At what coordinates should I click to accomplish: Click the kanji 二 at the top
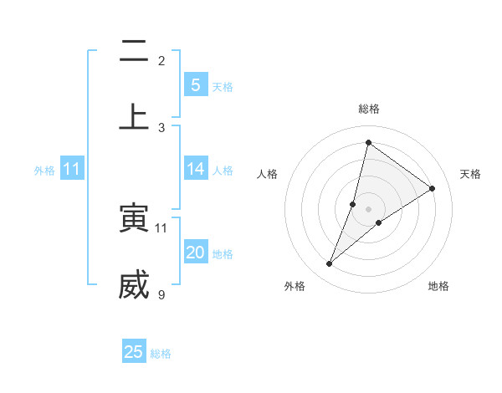pyautogui.click(x=133, y=52)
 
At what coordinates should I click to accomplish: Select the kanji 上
pyautogui.click(x=133, y=117)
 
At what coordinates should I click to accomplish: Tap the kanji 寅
pyautogui.click(x=133, y=217)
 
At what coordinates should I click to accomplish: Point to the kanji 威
pyautogui.click(x=133, y=284)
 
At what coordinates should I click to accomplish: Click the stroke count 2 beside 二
pyautogui.click(x=161, y=61)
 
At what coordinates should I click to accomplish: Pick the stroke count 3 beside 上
pyautogui.click(x=161, y=127)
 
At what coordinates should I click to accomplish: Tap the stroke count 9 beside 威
pyautogui.click(x=161, y=294)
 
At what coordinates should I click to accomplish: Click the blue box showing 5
pyautogui.click(x=195, y=85)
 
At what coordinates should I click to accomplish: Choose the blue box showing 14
pyautogui.click(x=195, y=169)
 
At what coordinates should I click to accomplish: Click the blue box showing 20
pyautogui.click(x=195, y=253)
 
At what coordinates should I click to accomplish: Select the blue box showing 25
pyautogui.click(x=134, y=352)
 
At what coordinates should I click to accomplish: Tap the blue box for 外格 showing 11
pyautogui.click(x=72, y=169)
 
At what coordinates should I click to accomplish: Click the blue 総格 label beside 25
pyautogui.click(x=161, y=354)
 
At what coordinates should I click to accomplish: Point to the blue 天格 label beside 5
pyautogui.click(x=223, y=87)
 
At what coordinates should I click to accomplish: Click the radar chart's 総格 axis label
pyautogui.click(x=368, y=109)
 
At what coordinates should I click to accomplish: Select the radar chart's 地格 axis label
pyautogui.click(x=438, y=286)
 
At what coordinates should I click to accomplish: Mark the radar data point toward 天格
pyautogui.click(x=433, y=188)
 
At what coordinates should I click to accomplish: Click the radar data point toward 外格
pyautogui.click(x=330, y=264)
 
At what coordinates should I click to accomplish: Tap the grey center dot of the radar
pyautogui.click(x=368, y=208)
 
